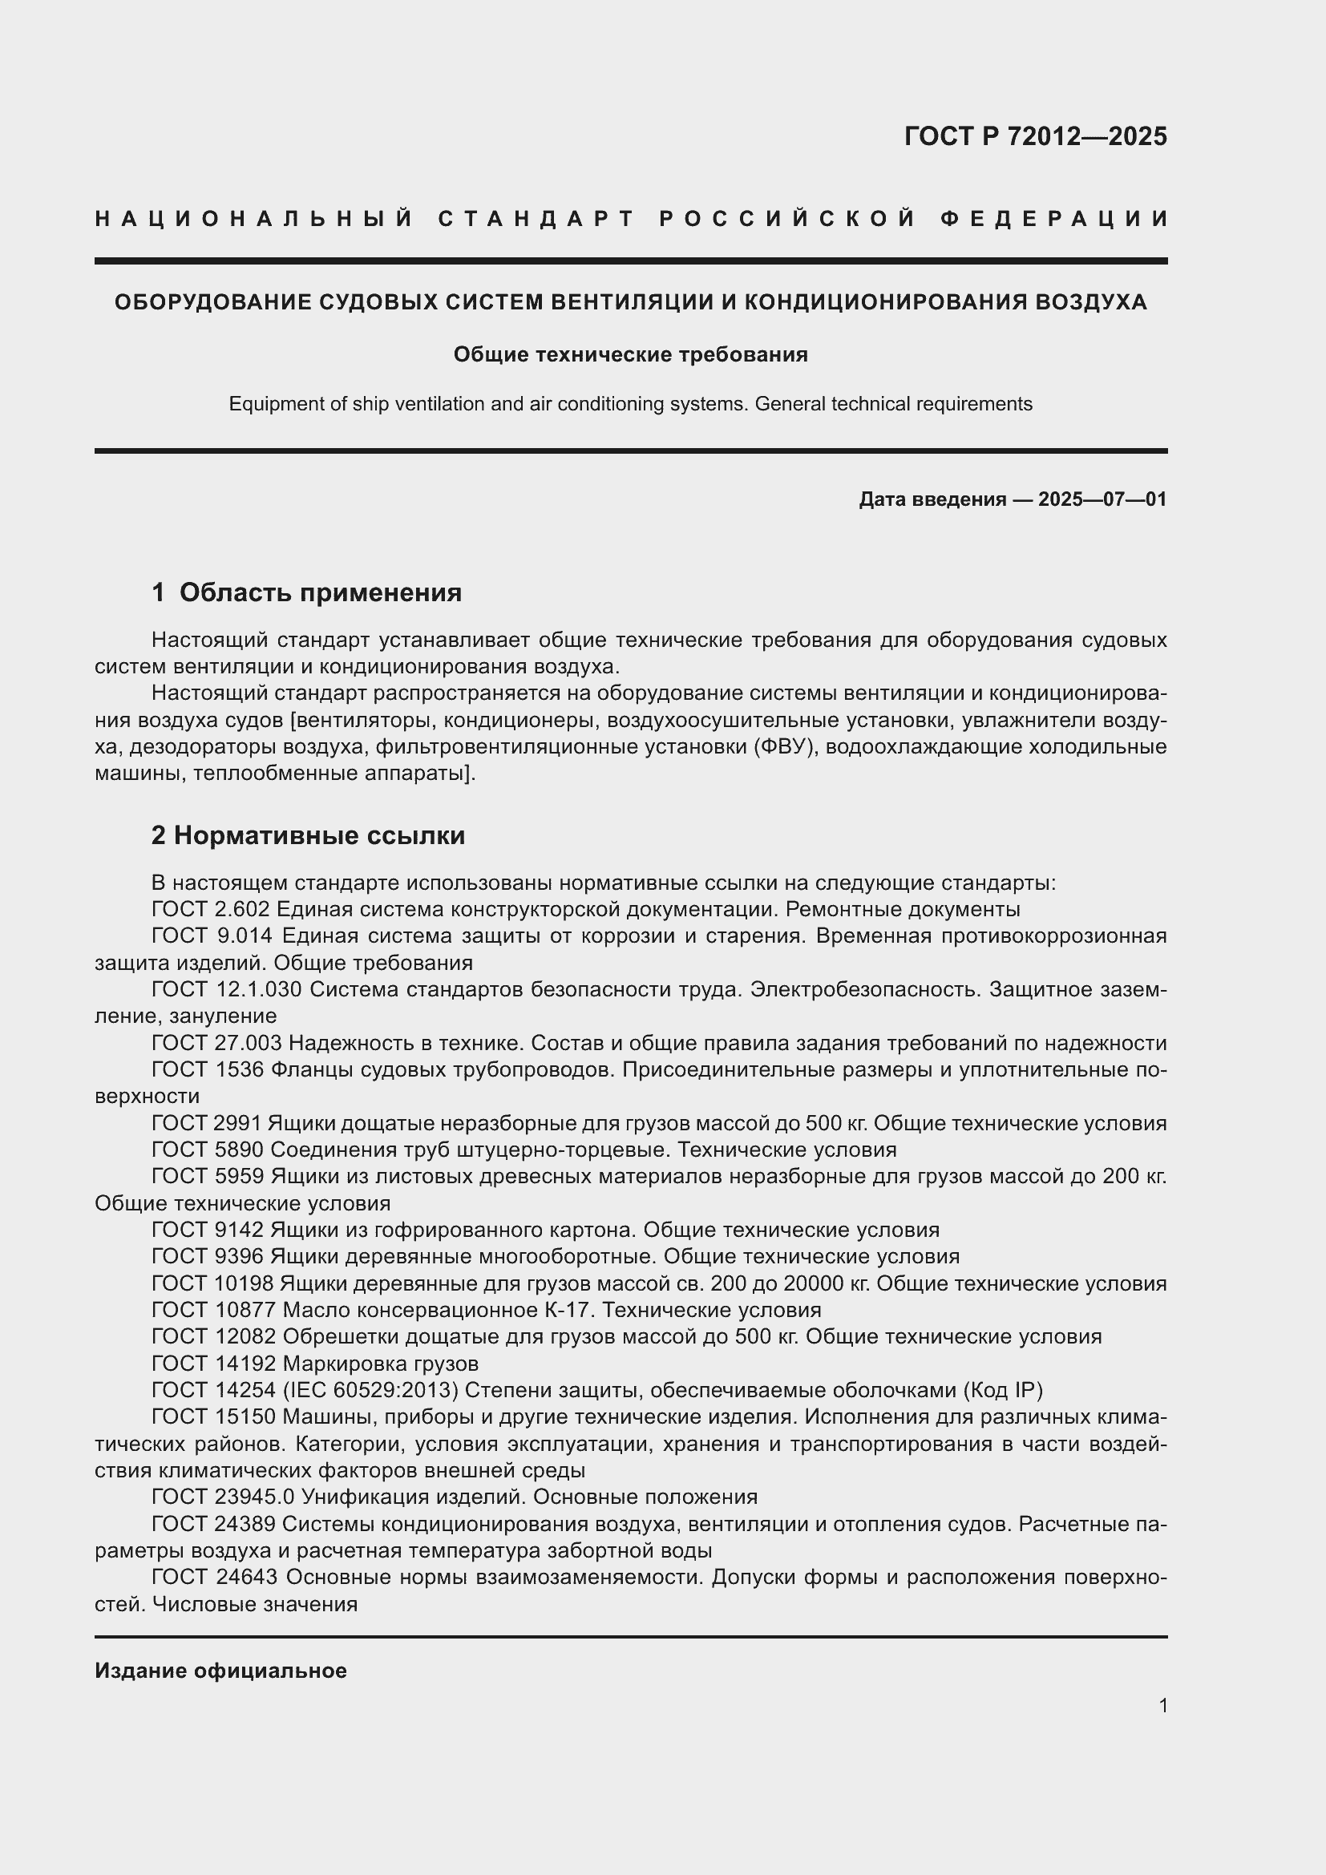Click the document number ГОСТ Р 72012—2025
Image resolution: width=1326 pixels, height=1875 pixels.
[x=1035, y=136]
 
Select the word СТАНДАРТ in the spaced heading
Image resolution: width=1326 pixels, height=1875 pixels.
[x=536, y=219]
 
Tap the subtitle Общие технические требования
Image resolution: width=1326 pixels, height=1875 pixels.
[x=630, y=354]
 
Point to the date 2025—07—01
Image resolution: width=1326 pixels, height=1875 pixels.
[x=1102, y=499]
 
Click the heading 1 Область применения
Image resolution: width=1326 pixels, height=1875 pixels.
[x=307, y=592]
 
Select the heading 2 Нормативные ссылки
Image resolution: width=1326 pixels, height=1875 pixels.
[x=309, y=835]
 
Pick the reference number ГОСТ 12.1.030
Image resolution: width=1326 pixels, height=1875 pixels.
[x=227, y=989]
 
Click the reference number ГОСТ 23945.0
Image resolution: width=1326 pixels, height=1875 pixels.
[x=226, y=1497]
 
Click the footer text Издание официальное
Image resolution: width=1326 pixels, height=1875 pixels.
[x=220, y=1671]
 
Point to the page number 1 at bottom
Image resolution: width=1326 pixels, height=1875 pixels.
[x=1162, y=1706]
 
